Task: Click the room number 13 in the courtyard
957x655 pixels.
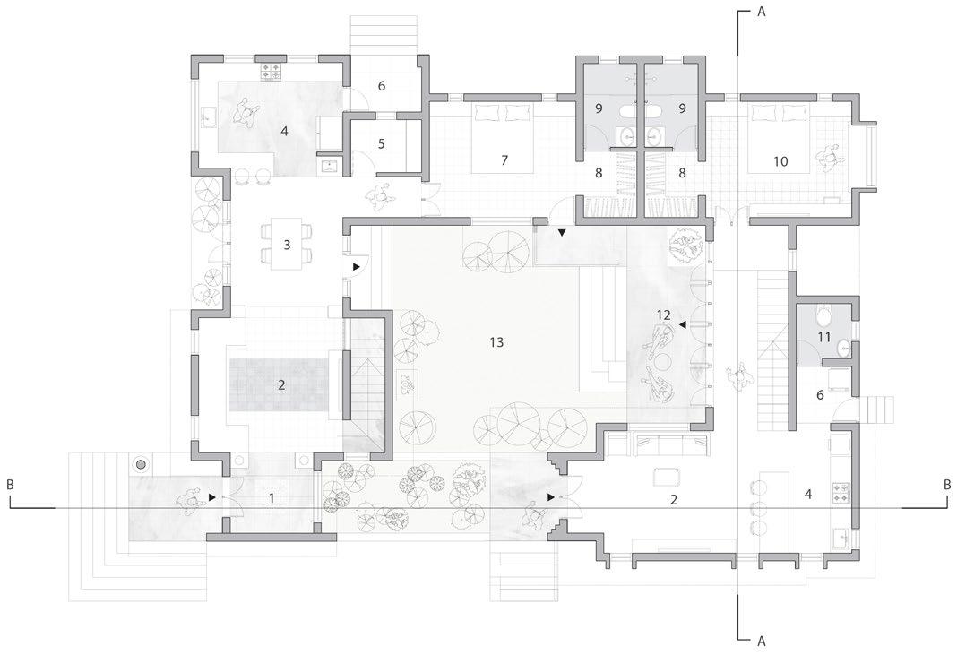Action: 496,341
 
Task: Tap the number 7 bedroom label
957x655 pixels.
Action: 504,160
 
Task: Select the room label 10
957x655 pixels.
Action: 780,160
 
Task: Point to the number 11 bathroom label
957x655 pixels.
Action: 823,337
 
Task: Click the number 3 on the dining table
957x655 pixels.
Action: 286,244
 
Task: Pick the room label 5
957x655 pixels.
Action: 381,143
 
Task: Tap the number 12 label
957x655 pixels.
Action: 663,315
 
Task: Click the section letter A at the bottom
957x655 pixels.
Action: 762,641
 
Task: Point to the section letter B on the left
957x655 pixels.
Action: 11,485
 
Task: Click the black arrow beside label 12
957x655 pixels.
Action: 683,325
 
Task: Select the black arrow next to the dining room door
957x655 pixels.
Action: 357,266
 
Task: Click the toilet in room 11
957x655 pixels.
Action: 824,314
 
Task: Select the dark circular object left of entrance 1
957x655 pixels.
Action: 141,464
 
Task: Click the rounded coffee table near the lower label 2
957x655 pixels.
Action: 668,476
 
